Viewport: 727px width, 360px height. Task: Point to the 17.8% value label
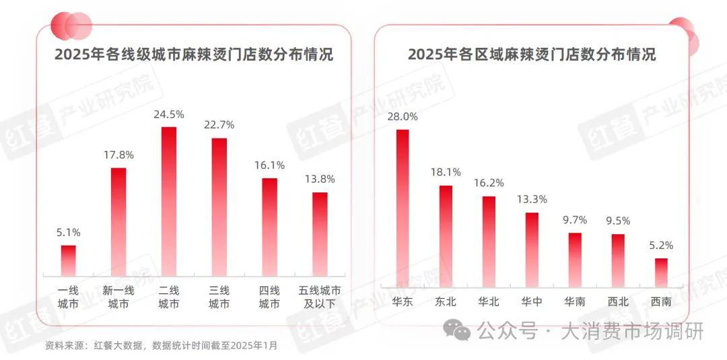click(x=118, y=155)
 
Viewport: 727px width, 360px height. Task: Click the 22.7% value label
click(x=219, y=125)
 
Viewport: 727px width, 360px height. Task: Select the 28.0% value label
click(x=403, y=116)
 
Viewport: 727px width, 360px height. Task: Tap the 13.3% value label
click(x=532, y=199)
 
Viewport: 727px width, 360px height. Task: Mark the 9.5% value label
click(x=618, y=221)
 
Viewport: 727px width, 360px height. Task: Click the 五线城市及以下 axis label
click(x=320, y=297)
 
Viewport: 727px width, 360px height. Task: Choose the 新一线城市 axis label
click(x=118, y=297)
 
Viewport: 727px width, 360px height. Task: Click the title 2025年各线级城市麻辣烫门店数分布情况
click(x=194, y=55)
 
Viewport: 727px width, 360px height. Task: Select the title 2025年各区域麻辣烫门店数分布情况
click(x=532, y=55)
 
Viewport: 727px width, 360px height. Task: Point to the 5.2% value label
click(x=662, y=246)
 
